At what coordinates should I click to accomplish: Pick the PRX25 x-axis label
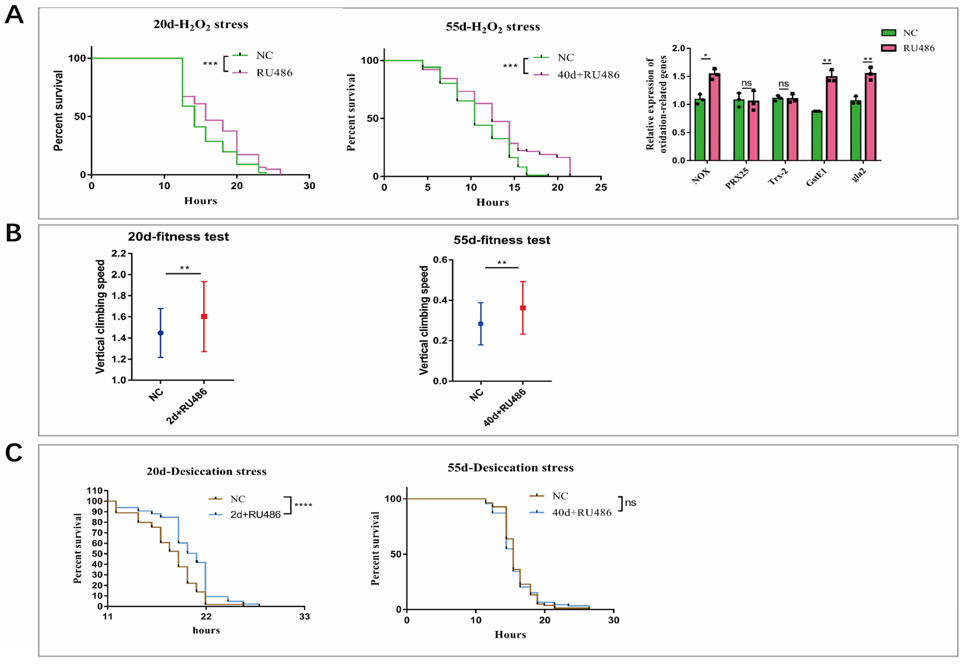click(737, 178)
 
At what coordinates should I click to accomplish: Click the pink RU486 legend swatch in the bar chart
click(889, 48)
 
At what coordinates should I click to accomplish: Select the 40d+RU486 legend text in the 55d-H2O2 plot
click(588, 75)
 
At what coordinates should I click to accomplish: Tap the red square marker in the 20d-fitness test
click(204, 317)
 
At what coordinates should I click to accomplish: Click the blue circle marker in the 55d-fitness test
click(481, 324)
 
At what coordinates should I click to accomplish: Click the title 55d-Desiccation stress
click(510, 468)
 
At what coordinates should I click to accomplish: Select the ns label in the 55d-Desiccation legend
click(631, 503)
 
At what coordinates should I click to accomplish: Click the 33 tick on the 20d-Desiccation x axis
click(305, 617)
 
